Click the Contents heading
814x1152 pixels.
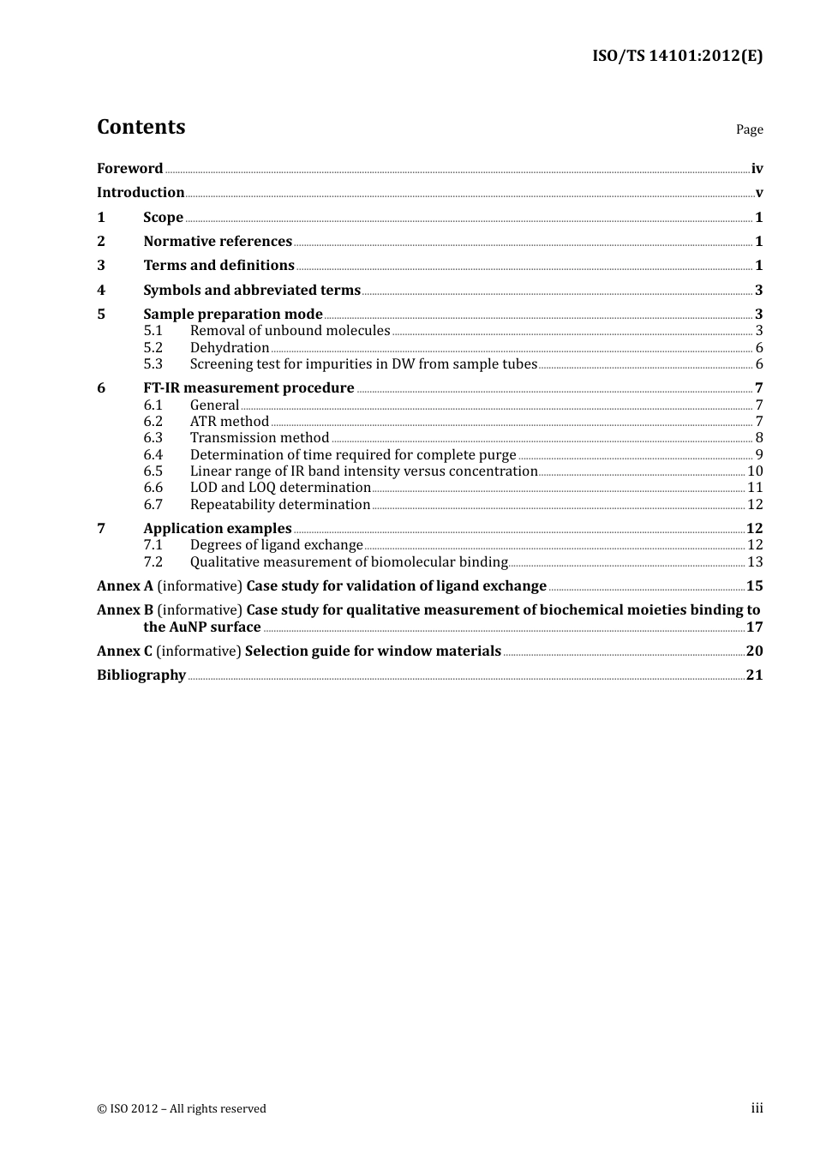[141, 127]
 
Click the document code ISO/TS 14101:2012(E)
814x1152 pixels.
[677, 56]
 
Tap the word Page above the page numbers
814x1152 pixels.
[749, 129]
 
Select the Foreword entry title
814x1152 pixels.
[129, 169]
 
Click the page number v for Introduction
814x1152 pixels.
[759, 193]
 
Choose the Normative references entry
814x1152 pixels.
[218, 242]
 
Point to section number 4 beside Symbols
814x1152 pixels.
[101, 291]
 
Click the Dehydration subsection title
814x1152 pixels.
[230, 348]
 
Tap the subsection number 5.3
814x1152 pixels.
[153, 364]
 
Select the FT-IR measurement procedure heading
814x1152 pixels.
[248, 388]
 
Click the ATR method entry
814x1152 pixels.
[230, 422]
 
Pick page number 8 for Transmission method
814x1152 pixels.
[759, 438]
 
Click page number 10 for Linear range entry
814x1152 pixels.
[755, 471]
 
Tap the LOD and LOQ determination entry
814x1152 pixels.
[280, 488]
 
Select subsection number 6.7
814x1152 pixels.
[153, 505]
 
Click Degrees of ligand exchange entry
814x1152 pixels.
[276, 545]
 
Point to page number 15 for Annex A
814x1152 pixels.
[754, 586]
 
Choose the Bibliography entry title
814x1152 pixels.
[141, 675]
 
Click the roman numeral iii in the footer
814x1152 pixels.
[757, 1108]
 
